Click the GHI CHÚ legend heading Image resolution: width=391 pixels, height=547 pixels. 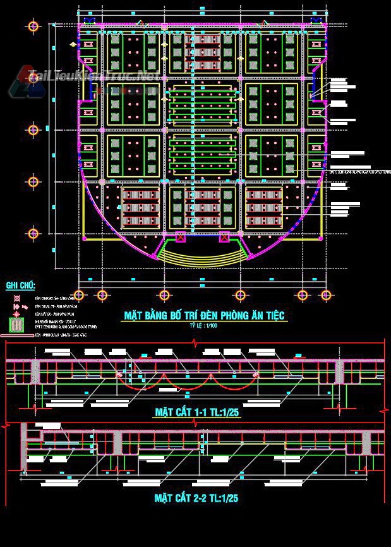pyautogui.click(x=21, y=286)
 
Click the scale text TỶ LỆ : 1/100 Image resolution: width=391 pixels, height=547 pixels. pyautogui.click(x=203, y=325)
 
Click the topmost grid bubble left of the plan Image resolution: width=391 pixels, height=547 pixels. pyautogui.click(x=34, y=27)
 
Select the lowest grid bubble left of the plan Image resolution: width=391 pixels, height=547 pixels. pyautogui.click(x=34, y=234)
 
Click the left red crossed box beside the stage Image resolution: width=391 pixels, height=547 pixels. pyautogui.click(x=181, y=238)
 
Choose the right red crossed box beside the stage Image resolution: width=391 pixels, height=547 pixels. pyautogui.click(x=223, y=238)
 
